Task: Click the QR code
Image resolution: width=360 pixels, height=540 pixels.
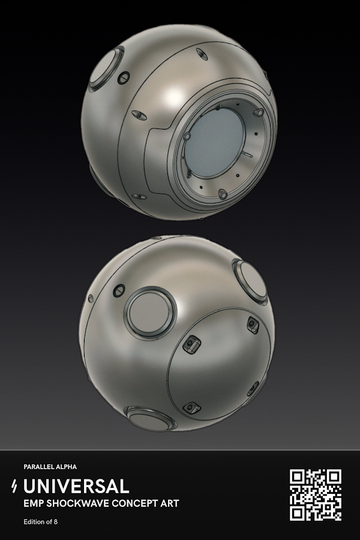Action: click(315, 495)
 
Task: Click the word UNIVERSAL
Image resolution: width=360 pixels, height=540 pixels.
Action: click(76, 486)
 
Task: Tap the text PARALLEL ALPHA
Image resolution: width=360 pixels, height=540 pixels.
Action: click(50, 467)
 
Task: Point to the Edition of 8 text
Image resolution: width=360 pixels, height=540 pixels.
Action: click(41, 522)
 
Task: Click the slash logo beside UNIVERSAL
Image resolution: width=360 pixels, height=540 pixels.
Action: click(14, 486)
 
